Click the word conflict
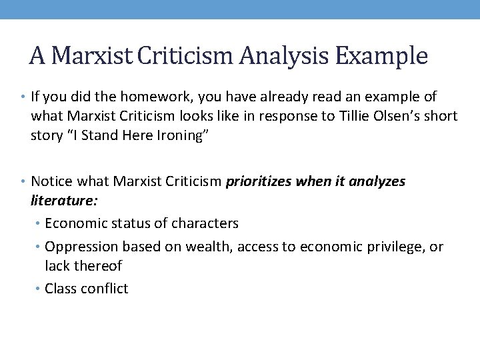point(103,289)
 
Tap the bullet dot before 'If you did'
point(25,97)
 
